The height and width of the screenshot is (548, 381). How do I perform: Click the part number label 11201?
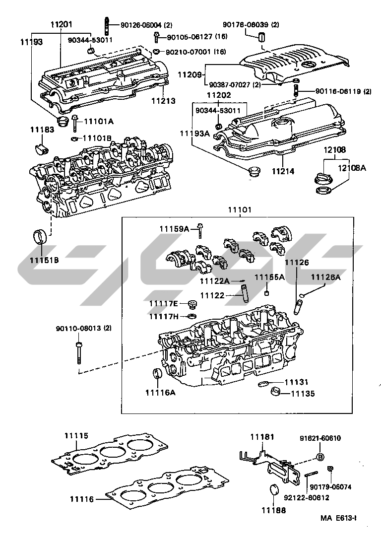(61, 23)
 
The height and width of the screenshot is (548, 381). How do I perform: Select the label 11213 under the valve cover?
(163, 101)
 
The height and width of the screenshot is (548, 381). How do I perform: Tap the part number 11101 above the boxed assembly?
(240, 210)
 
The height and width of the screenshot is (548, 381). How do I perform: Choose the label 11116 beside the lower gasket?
(81, 498)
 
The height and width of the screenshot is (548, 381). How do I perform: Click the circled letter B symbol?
(320, 457)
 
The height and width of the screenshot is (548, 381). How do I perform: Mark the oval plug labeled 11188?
(273, 490)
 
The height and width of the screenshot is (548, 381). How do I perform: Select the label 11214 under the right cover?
(282, 171)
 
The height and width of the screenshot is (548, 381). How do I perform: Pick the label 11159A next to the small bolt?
(174, 229)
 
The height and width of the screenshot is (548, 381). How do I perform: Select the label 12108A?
(352, 168)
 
